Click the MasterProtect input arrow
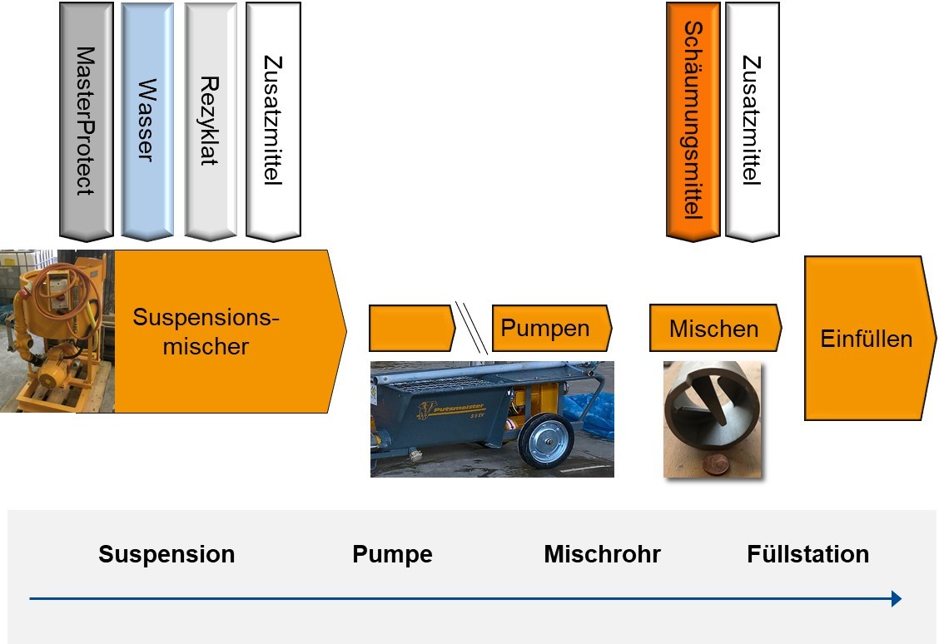click(x=86, y=121)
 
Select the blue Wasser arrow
click(x=147, y=121)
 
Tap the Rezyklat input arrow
click(x=210, y=121)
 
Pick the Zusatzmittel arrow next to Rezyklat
click(x=273, y=121)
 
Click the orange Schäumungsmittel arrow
click(x=693, y=121)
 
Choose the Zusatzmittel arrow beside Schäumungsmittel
click(x=753, y=121)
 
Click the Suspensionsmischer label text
click(x=206, y=331)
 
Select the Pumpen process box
click(x=550, y=328)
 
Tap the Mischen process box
click(x=713, y=328)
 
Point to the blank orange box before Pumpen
click(x=410, y=328)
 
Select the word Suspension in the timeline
click(x=166, y=554)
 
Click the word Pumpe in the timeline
click(x=392, y=554)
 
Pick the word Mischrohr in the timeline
click(x=602, y=554)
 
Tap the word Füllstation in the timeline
click(x=807, y=554)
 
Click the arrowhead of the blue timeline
click(x=896, y=598)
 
